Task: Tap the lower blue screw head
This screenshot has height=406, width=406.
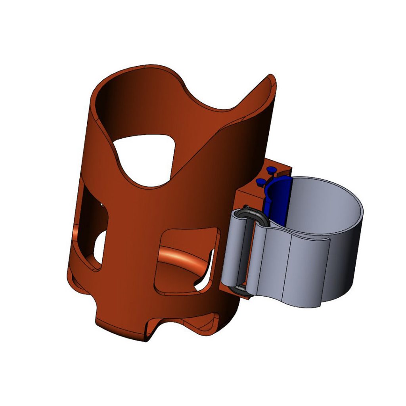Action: click(x=260, y=182)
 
